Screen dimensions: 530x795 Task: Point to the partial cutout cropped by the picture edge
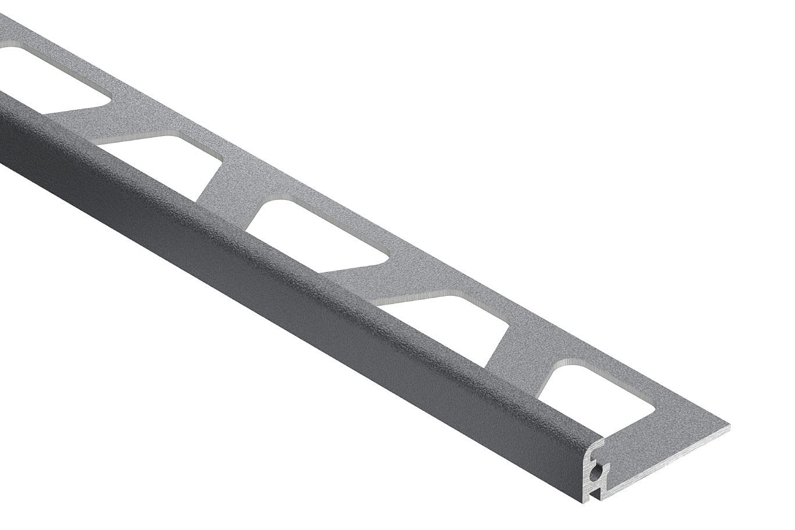click(46, 81)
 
